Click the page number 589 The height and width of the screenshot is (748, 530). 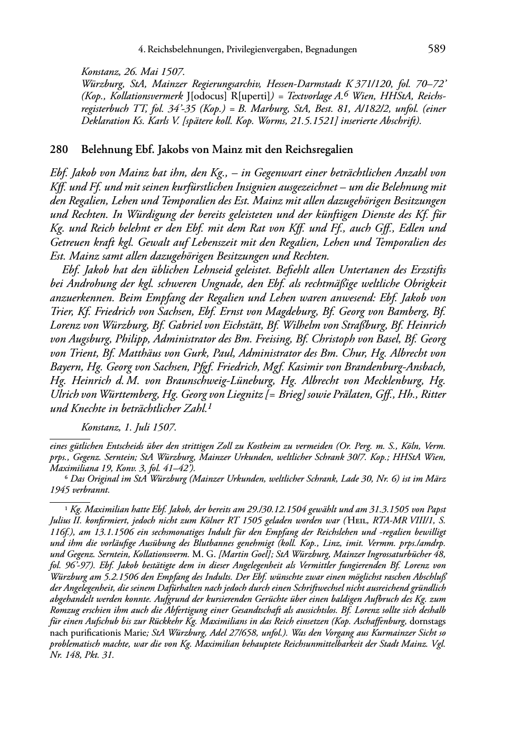coord(437,49)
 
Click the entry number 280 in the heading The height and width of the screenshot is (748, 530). coord(59,150)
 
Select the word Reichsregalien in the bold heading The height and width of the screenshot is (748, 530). coord(320,150)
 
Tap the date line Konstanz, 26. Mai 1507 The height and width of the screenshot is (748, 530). coord(132,71)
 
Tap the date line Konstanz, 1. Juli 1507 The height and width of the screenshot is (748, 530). coord(129,427)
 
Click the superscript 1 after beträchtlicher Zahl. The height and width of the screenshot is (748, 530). coord(210,406)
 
